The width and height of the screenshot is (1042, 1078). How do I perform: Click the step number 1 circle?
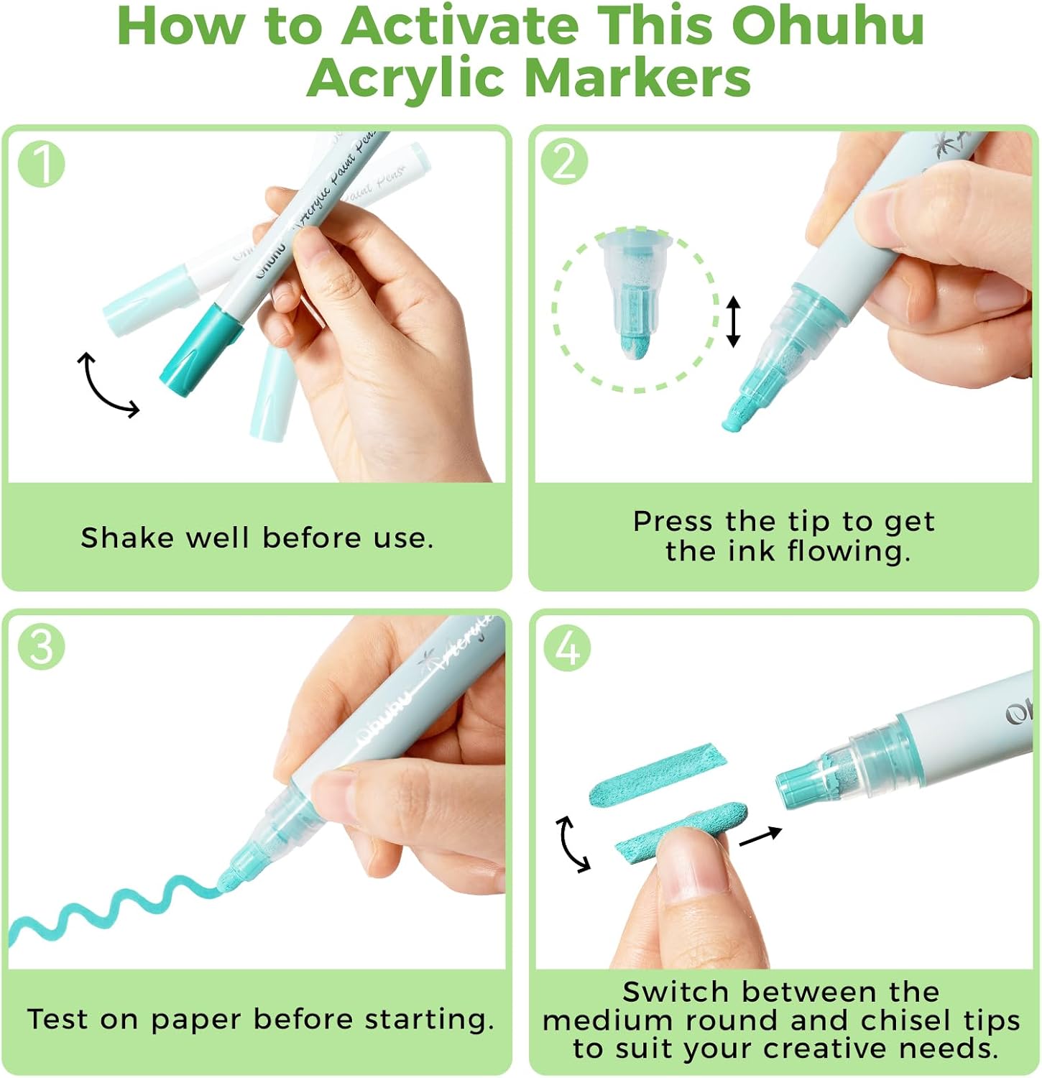tap(41, 165)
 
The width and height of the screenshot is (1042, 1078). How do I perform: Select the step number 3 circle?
tap(41, 646)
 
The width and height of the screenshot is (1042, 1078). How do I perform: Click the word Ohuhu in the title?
tap(827, 26)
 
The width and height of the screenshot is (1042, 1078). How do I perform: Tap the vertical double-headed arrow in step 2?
tap(733, 322)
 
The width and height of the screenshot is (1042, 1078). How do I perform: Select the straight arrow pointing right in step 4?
tap(760, 837)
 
